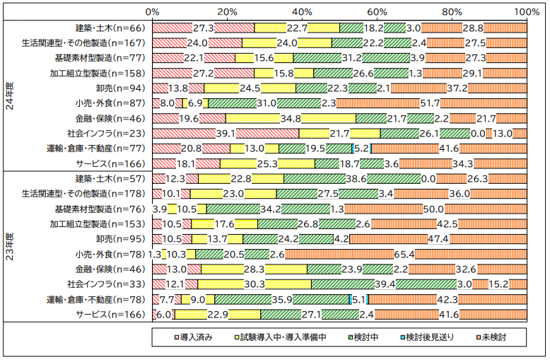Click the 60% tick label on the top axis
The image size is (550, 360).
pyautogui.click(x=377, y=12)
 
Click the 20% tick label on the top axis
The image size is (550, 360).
pyautogui.click(x=227, y=12)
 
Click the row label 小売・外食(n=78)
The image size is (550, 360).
pyautogui.click(x=109, y=254)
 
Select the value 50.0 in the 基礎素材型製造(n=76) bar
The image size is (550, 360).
pyautogui.click(x=433, y=209)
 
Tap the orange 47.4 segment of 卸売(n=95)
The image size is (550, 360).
pyautogui.click(x=452, y=239)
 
